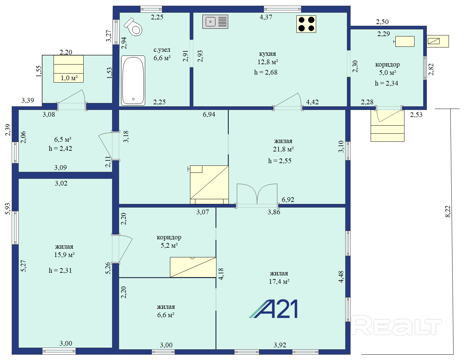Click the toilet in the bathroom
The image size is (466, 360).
[x=133, y=27]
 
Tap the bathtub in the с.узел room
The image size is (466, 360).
[x=133, y=81]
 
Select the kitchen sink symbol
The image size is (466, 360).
[x=215, y=22]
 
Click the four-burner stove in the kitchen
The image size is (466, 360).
[x=306, y=24]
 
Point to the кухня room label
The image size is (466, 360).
[x=267, y=53]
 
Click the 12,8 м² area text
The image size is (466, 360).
[x=268, y=62]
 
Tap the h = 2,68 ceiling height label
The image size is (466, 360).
[x=266, y=72]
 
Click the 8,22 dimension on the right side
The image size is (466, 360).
[x=448, y=212]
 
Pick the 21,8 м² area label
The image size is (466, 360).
[x=283, y=149]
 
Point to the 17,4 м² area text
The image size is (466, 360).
[x=279, y=281]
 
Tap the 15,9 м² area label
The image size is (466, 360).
[x=64, y=255]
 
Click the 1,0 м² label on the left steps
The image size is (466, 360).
[x=69, y=78]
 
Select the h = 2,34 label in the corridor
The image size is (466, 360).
[x=386, y=83]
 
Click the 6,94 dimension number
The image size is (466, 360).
[x=209, y=114]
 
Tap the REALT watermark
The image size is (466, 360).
[x=396, y=325]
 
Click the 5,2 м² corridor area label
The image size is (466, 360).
[x=169, y=245]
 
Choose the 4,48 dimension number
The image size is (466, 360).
[x=341, y=277]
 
